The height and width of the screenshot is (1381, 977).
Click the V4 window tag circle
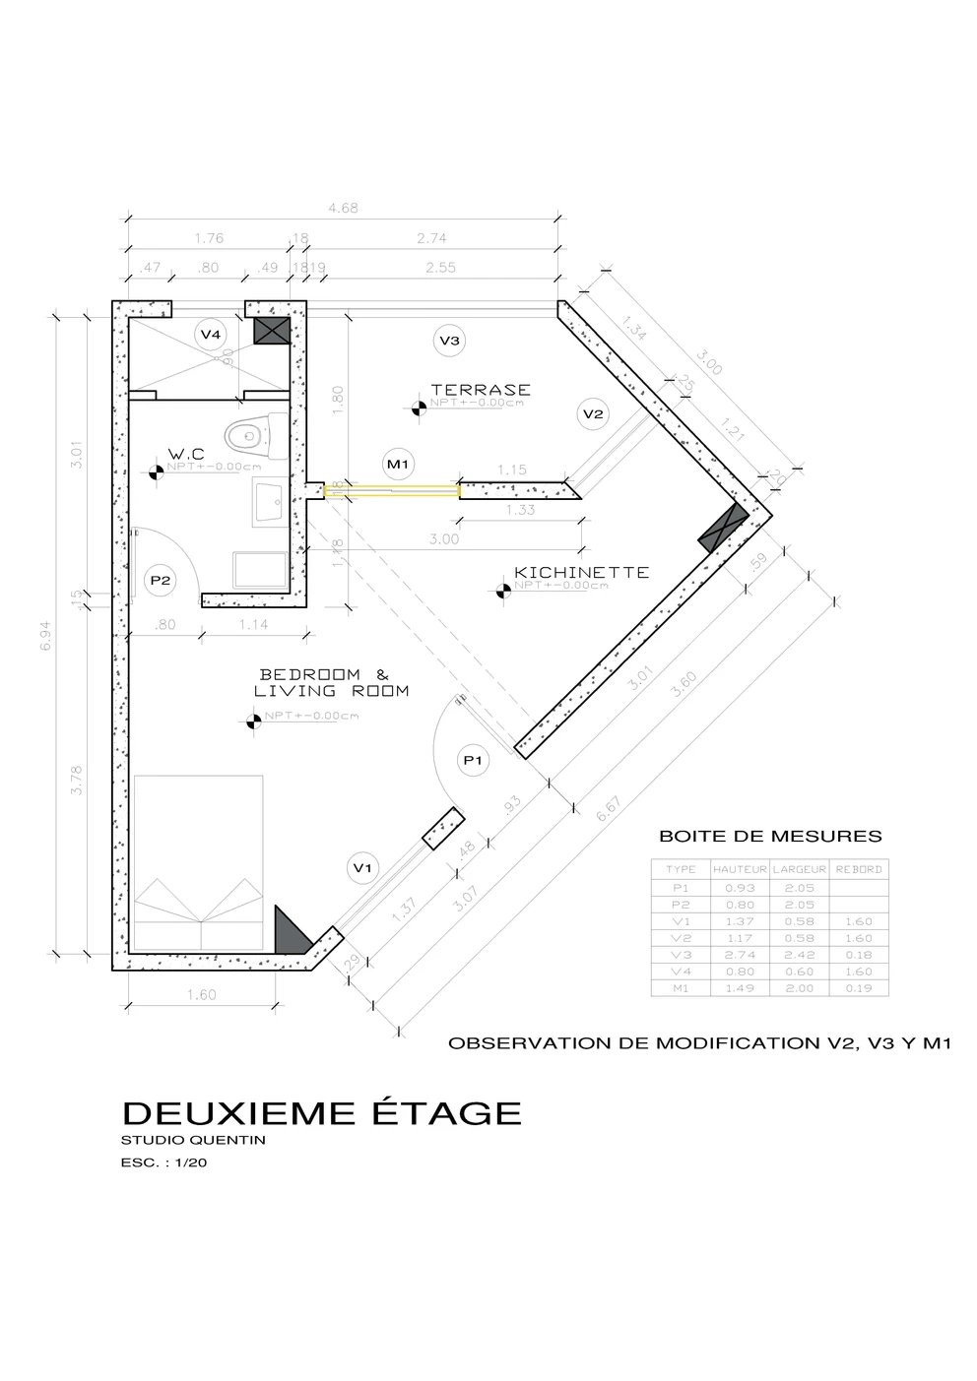[x=211, y=335]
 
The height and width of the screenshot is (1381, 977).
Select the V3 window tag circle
[x=449, y=341]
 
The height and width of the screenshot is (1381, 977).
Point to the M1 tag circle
[x=398, y=463]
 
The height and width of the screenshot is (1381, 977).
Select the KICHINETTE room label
[x=581, y=572]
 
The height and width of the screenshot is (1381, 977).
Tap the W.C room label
[x=185, y=454]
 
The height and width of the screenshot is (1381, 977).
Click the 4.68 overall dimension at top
[x=343, y=208]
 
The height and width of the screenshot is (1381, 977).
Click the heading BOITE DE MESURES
[x=769, y=838]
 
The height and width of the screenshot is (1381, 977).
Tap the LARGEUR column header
[x=799, y=869]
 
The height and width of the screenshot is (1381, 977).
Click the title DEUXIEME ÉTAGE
[x=321, y=1112]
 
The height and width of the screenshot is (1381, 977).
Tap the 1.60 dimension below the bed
[x=201, y=995]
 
